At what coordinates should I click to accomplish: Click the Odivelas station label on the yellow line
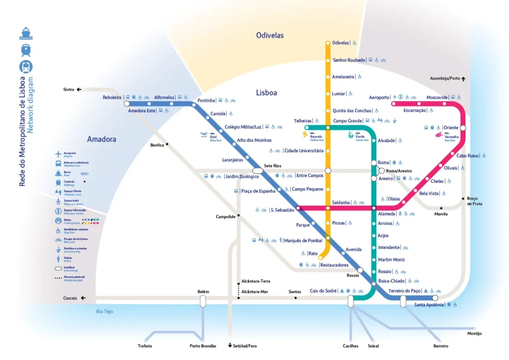point(340,43)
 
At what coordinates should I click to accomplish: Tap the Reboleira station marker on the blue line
point(127,104)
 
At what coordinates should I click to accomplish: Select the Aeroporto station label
point(380,97)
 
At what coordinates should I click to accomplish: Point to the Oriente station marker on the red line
point(463,128)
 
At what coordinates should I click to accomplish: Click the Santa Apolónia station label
point(429,304)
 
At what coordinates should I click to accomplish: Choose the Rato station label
point(313,254)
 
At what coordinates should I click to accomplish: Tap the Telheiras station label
point(303,121)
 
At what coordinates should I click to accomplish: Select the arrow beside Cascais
point(83,298)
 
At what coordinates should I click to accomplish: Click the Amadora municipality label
point(101,139)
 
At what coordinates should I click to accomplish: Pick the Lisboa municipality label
point(266,92)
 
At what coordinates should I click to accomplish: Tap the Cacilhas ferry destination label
point(350,346)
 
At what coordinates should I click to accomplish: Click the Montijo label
point(475,333)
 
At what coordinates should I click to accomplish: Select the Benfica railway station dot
point(168,144)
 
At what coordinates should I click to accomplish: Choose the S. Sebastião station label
point(282,210)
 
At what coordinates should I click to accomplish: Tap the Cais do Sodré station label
point(324,291)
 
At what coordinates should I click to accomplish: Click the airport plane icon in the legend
point(59,154)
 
